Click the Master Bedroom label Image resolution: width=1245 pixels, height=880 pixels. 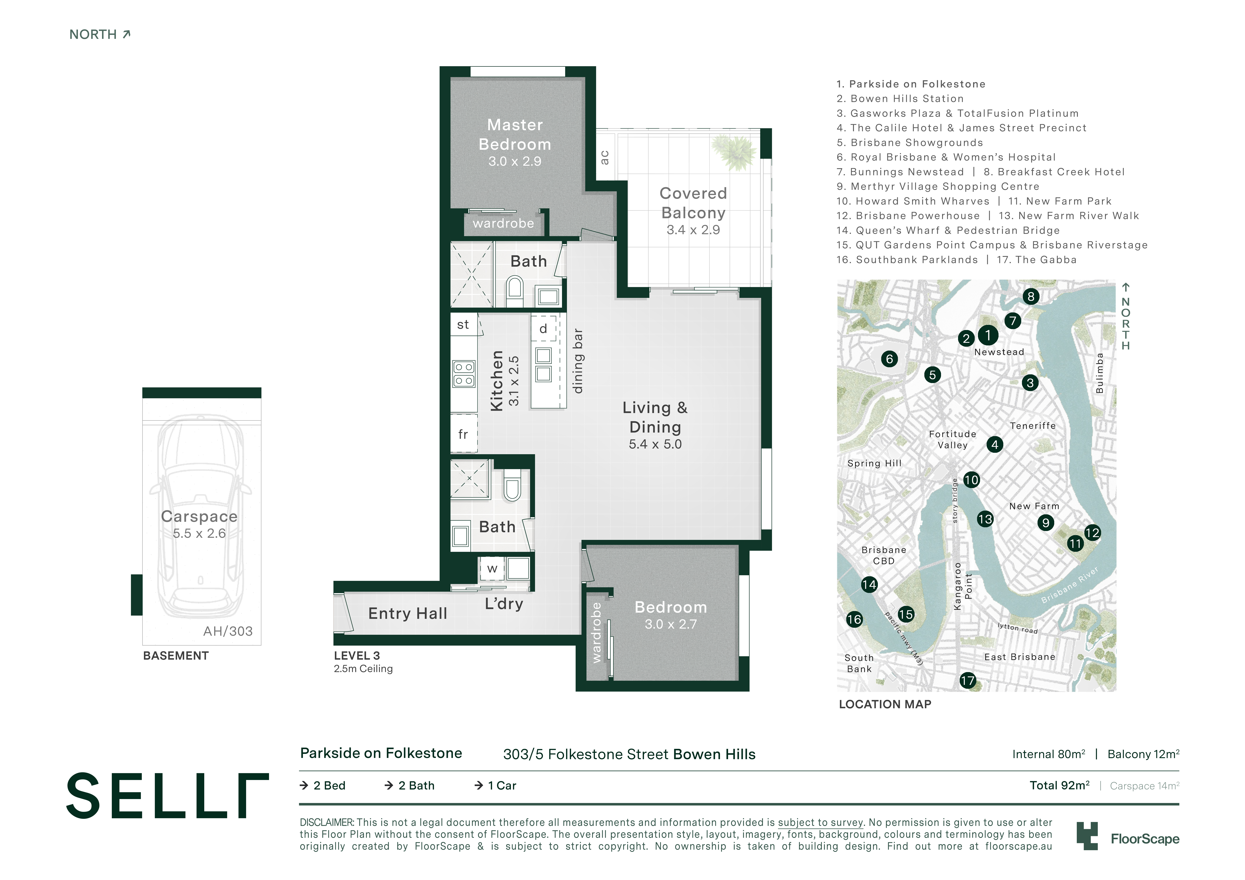pos(515,134)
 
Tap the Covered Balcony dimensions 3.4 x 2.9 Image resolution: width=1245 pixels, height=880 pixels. pos(693,230)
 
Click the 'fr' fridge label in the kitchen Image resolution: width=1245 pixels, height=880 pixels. pos(463,434)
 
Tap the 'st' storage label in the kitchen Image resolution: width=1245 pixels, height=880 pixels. pos(463,325)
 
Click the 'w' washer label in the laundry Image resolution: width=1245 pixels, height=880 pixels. pos(492,569)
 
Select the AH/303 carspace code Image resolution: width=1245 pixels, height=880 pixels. pos(228,631)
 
